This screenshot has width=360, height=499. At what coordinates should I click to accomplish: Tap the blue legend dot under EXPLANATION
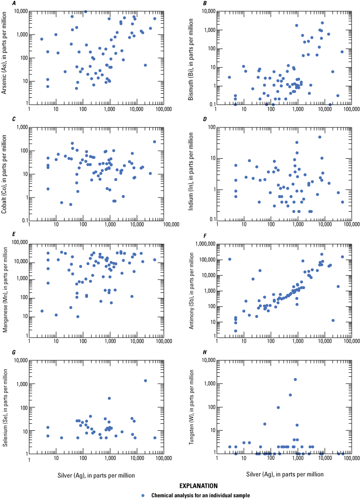pyautogui.click(x=143, y=495)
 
